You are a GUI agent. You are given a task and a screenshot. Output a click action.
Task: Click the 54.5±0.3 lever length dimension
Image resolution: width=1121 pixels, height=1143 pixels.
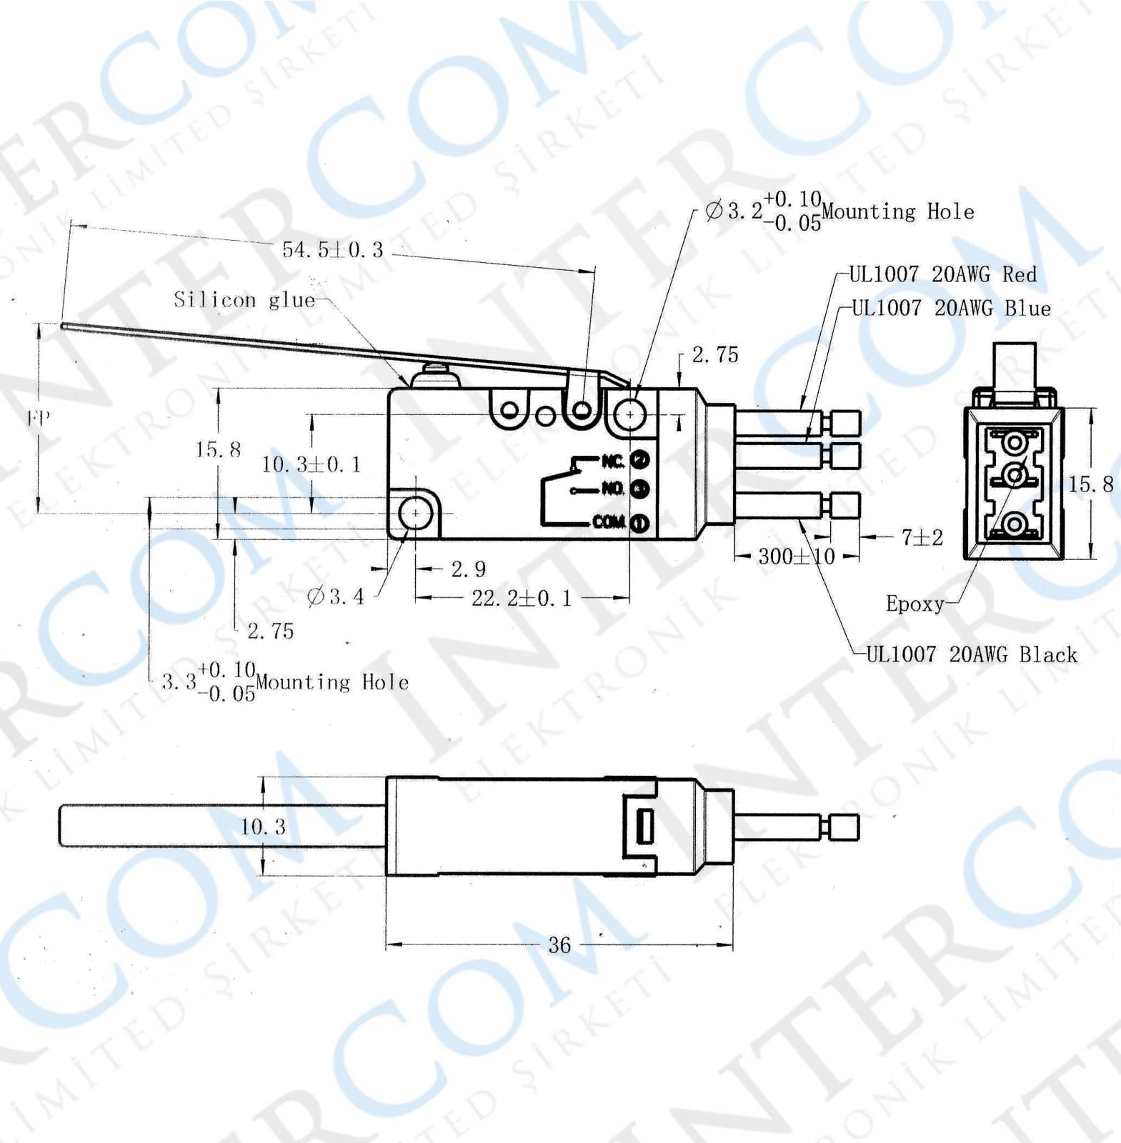click(332, 249)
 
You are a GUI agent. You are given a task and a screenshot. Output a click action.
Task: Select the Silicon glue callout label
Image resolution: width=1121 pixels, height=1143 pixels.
click(244, 299)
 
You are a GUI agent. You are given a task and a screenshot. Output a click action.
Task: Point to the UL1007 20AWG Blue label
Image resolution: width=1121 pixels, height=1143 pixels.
click(951, 309)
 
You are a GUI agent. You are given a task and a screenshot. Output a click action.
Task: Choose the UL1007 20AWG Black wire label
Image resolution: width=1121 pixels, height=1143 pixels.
click(971, 654)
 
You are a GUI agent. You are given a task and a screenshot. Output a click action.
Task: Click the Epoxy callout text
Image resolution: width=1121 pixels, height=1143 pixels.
click(915, 604)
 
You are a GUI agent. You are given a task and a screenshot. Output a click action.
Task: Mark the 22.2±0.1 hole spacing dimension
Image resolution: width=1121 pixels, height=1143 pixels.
click(522, 598)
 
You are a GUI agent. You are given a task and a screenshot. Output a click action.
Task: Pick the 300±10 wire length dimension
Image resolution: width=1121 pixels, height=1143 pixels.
click(796, 556)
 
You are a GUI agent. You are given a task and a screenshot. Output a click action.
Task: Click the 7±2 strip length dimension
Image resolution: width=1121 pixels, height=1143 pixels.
click(922, 537)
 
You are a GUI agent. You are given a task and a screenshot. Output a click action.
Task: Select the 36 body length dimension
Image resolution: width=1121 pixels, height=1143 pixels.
click(559, 945)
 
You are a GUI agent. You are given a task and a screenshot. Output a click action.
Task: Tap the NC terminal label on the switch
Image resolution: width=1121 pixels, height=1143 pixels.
click(613, 461)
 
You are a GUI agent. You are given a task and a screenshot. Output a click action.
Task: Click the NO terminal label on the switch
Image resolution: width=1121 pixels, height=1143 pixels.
click(613, 489)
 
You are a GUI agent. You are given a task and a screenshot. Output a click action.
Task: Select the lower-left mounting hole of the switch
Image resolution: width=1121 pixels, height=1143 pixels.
click(415, 513)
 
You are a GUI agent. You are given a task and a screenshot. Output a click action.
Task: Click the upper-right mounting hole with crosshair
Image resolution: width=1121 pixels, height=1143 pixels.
click(629, 414)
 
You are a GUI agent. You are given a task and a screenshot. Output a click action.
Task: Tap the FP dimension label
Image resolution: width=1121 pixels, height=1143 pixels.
click(39, 418)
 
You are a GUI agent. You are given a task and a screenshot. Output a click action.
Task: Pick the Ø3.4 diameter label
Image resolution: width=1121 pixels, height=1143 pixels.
click(336, 596)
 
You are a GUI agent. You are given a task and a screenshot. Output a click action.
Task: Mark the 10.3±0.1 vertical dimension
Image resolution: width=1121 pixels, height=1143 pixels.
click(312, 464)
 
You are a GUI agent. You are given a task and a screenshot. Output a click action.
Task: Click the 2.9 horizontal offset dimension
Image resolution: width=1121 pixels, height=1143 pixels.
click(468, 569)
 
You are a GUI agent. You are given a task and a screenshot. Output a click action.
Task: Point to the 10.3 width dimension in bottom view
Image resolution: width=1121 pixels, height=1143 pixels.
click(263, 827)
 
